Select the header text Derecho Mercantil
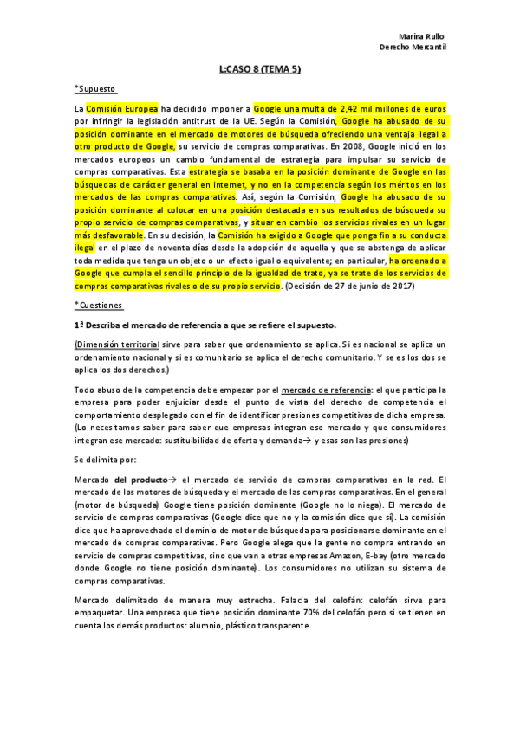pyautogui.click(x=413, y=48)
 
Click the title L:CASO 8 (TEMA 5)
pyautogui.click(x=260, y=68)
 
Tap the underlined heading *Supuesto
pyautogui.click(x=95, y=88)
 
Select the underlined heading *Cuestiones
pyautogui.click(x=99, y=306)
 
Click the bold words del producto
pyautogui.click(x=140, y=480)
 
